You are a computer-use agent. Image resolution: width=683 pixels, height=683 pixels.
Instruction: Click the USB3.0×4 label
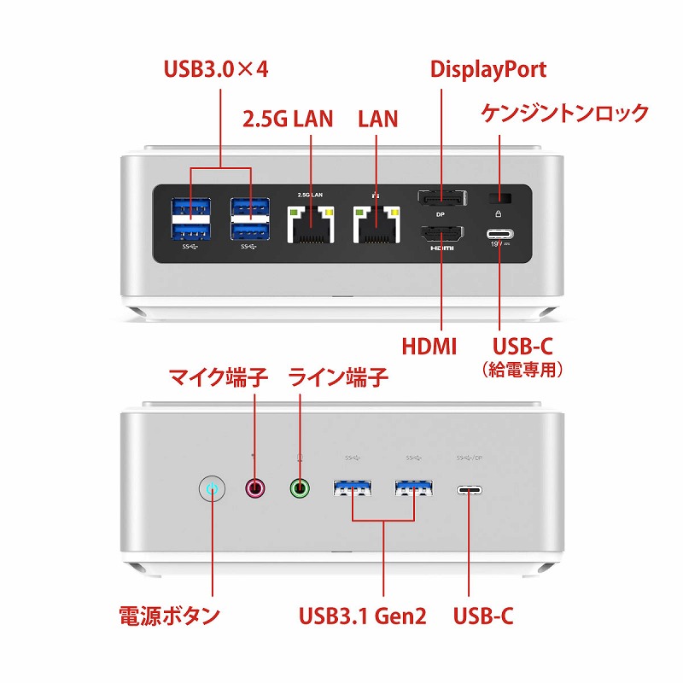point(216,69)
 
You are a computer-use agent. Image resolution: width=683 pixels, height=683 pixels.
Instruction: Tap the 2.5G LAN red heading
point(289,119)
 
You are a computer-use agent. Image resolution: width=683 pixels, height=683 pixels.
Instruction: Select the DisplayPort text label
point(488,69)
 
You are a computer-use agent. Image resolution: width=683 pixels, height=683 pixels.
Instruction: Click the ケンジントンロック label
point(565,113)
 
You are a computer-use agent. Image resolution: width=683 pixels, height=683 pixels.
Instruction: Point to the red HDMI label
point(429,346)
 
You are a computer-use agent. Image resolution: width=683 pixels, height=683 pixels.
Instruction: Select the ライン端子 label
point(339,376)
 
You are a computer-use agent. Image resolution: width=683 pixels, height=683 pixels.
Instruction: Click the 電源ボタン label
point(169,615)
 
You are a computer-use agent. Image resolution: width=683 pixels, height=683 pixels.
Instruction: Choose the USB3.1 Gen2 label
point(362,615)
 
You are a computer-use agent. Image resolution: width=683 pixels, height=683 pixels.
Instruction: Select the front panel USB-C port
point(469,490)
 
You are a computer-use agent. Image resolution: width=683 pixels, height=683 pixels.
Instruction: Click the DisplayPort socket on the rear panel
point(441,199)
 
